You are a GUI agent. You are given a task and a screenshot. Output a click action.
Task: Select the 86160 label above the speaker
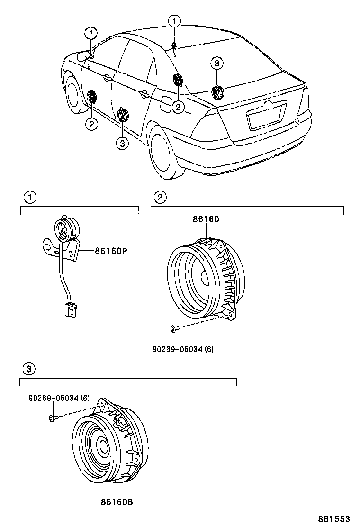pyautogui.click(x=206, y=219)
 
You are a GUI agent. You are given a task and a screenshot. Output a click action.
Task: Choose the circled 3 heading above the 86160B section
pyautogui.click(x=28, y=368)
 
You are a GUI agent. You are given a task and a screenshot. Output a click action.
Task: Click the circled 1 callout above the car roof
pyautogui.click(x=175, y=21)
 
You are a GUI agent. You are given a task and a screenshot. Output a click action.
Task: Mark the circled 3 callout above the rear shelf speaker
pyautogui.click(x=216, y=63)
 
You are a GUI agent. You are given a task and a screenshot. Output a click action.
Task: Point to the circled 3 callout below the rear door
pyautogui.click(x=122, y=143)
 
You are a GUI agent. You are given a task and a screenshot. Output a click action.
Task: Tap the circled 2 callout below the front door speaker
pyautogui.click(x=91, y=124)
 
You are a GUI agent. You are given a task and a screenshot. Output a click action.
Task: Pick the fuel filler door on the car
pyautogui.click(x=168, y=102)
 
